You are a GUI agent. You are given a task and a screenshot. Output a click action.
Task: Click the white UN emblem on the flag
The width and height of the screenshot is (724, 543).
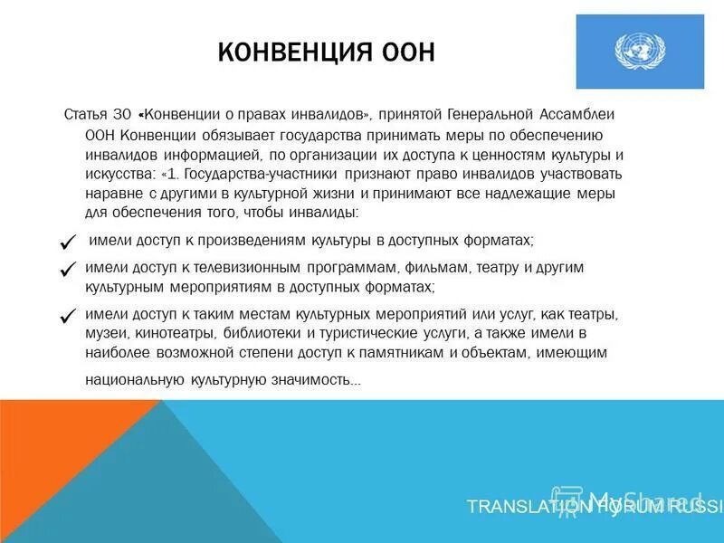point(639,51)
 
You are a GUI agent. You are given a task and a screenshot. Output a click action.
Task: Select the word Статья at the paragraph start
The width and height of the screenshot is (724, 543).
point(86,116)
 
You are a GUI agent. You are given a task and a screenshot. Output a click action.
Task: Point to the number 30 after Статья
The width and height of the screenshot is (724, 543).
point(124,116)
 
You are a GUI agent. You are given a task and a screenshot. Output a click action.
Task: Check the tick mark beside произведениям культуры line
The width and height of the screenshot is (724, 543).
point(66,242)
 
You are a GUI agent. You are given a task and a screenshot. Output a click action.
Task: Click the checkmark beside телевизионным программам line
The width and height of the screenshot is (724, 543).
point(66,269)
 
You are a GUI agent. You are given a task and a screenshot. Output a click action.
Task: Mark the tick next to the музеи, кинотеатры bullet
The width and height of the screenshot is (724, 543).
point(66,316)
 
